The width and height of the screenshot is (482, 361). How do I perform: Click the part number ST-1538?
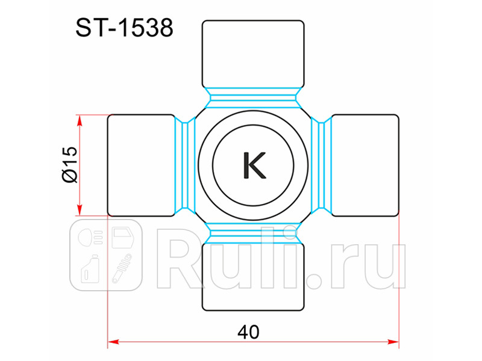point(124,28)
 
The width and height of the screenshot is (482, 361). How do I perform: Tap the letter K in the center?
point(254,165)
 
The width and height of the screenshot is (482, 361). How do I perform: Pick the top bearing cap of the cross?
point(253,54)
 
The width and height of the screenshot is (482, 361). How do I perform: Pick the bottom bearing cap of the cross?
point(253,277)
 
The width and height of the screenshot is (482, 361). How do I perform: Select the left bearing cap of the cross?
point(141,165)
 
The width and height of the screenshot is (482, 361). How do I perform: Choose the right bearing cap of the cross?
point(365,165)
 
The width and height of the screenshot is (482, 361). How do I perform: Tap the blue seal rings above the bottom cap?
point(253,233)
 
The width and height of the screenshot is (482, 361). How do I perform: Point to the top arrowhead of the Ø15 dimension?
point(78,119)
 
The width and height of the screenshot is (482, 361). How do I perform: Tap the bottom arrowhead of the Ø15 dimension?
point(78,210)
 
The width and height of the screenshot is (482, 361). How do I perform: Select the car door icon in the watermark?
point(123,237)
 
